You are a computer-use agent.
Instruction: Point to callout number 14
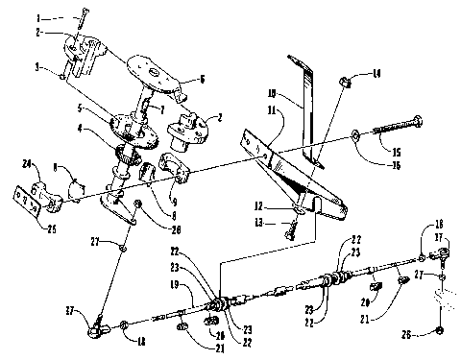point(376,73)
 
